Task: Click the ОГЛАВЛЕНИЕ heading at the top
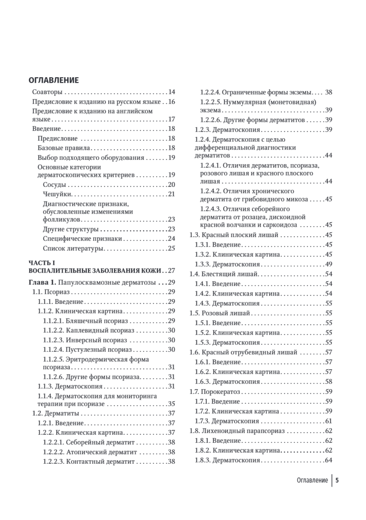click(x=53, y=80)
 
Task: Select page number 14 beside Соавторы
click(x=171, y=92)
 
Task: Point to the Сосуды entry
click(x=55, y=185)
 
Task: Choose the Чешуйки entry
click(x=57, y=194)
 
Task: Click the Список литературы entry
click(x=73, y=248)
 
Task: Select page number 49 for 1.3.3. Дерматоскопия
click(x=328, y=263)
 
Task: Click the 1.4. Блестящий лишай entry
click(x=224, y=274)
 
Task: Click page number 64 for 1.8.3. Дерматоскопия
click(x=328, y=460)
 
